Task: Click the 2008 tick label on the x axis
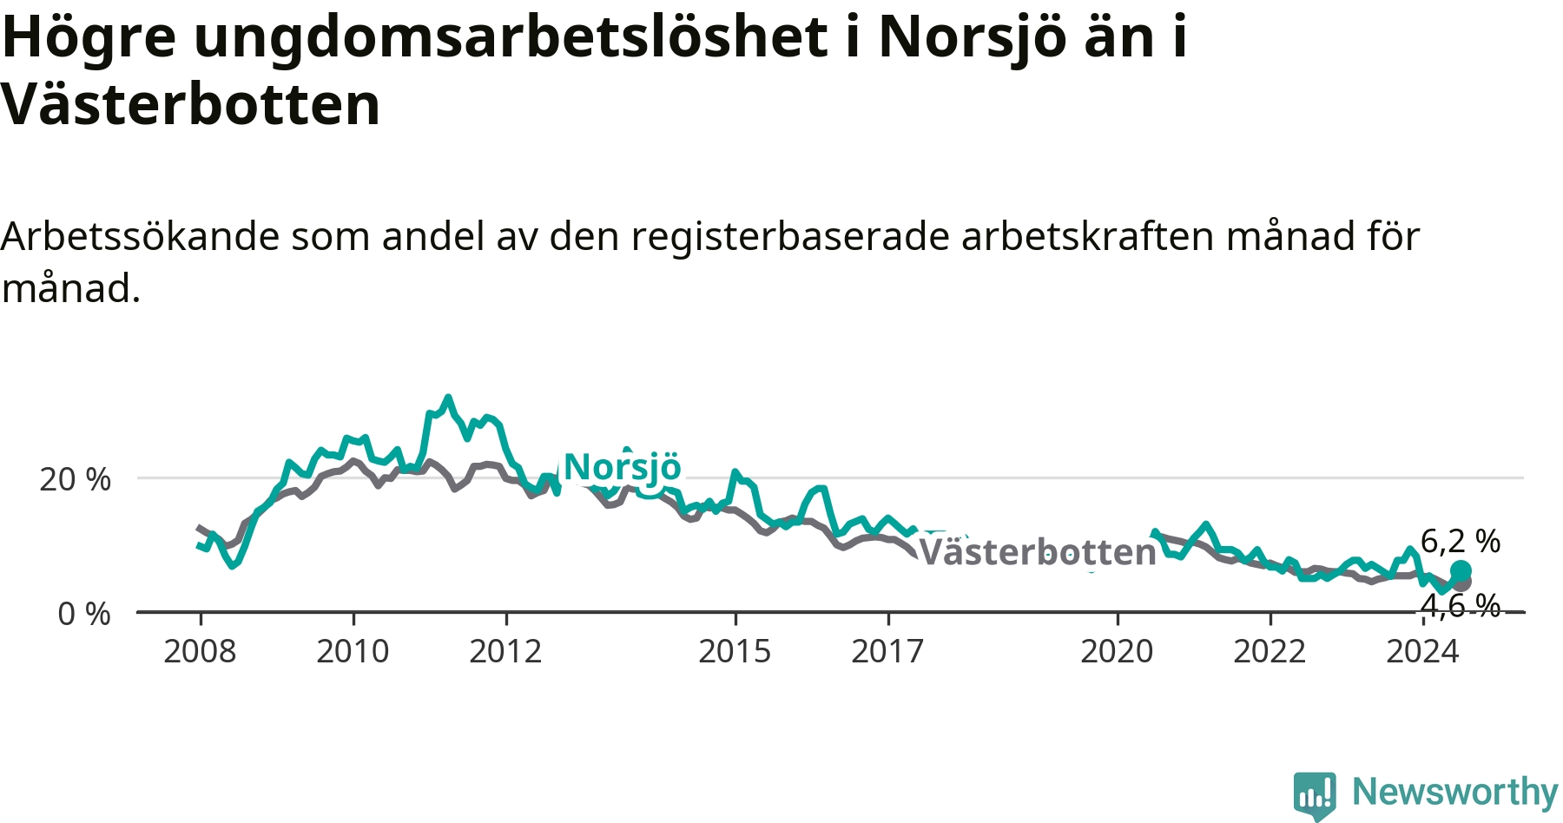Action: (x=200, y=651)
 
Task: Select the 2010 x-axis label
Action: (x=353, y=651)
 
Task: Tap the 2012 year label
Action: (x=505, y=651)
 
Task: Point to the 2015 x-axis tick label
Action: (x=735, y=651)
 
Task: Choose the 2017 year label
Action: (x=887, y=651)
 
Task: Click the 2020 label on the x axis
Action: (x=1117, y=651)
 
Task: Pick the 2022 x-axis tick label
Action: (x=1270, y=651)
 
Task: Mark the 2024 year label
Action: (x=1422, y=651)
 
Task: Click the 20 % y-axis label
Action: (x=76, y=479)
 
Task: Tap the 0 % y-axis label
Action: (x=84, y=614)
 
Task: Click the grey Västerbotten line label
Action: (x=1038, y=552)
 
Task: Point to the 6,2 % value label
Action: (x=1461, y=542)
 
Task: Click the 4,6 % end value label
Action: (x=1461, y=606)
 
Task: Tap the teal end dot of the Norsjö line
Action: (x=1461, y=570)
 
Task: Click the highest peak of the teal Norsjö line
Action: (x=448, y=398)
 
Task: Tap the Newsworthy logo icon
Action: (x=1315, y=794)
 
